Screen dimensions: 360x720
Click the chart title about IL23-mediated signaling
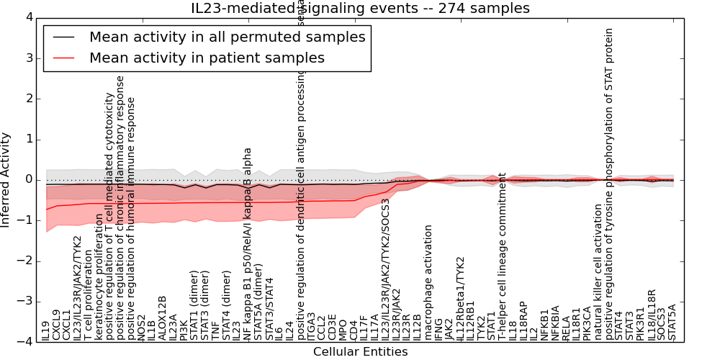pyautogui.click(x=360, y=9)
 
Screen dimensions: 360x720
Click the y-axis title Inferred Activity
pyautogui.click(x=6, y=180)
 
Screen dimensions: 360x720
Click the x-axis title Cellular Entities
pyautogui.click(x=360, y=352)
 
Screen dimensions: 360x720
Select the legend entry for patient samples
pyautogui.click(x=207, y=58)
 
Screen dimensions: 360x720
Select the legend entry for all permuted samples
pyautogui.click(x=227, y=37)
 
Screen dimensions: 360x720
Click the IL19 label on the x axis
pyautogui.click(x=46, y=330)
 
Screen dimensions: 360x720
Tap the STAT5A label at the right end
pyautogui.click(x=672, y=322)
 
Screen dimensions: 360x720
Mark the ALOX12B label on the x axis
pyautogui.click(x=163, y=318)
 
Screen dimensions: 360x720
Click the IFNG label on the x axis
pyautogui.click(x=439, y=328)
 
